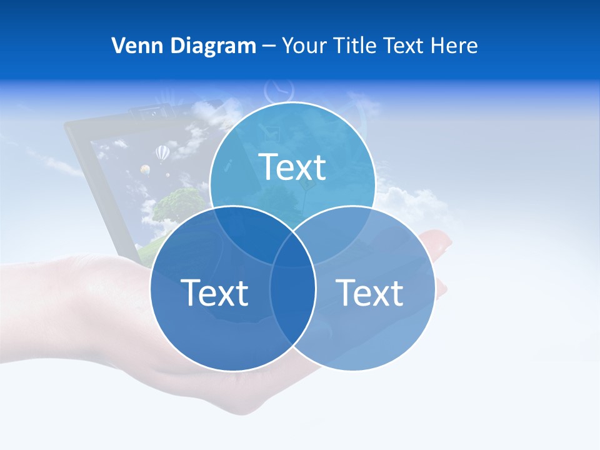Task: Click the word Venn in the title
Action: (133, 46)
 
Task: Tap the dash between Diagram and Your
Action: (269, 46)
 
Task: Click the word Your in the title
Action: (304, 46)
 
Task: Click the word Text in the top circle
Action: (292, 167)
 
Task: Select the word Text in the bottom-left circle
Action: (214, 292)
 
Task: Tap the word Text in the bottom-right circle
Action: (369, 292)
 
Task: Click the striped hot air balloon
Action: (162, 152)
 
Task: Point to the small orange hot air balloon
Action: (145, 169)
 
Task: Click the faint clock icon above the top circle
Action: (276, 91)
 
